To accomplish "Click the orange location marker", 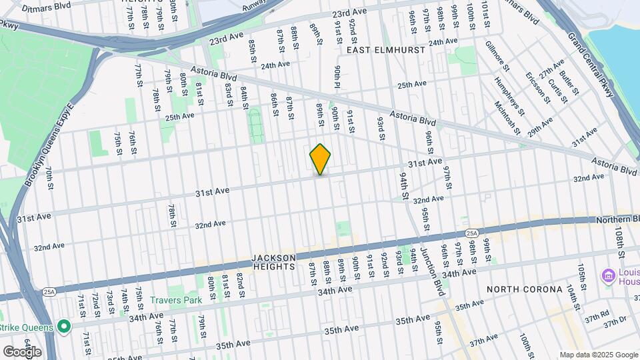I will (321, 160).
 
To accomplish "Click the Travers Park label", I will (175, 300).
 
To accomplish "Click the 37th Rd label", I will (596, 314).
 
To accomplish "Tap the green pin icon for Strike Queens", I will (63, 326).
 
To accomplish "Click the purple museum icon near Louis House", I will (607, 275).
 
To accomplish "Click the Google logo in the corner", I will (21, 351).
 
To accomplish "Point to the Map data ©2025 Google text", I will (598, 355).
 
